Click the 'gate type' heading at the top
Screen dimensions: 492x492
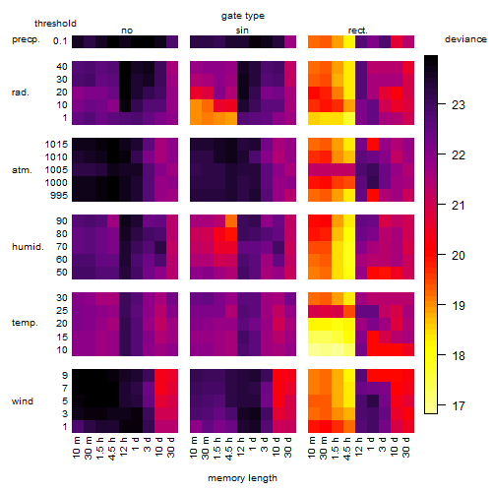(x=243, y=16)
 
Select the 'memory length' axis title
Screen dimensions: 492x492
(x=242, y=478)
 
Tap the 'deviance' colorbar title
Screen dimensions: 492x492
(x=465, y=39)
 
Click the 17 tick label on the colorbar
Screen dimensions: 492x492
(x=459, y=406)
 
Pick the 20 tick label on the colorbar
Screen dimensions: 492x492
(x=459, y=256)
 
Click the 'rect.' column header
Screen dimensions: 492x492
(x=358, y=31)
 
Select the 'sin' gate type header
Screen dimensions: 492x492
(x=242, y=31)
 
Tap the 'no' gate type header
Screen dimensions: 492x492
(x=127, y=31)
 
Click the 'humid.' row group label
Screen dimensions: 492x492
(x=28, y=247)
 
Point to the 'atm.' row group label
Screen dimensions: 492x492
(x=22, y=170)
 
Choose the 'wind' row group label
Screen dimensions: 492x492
(x=23, y=400)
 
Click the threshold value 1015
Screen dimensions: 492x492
(x=56, y=145)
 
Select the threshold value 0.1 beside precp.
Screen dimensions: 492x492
(x=60, y=41)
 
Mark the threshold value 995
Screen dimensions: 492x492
(x=59, y=196)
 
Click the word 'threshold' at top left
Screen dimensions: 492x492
(x=55, y=24)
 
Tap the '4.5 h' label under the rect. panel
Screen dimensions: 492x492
(x=347, y=448)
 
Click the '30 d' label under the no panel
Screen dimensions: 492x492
(x=171, y=447)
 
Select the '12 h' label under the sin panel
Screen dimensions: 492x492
(x=241, y=447)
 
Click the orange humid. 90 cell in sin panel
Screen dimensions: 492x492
(x=231, y=220)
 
